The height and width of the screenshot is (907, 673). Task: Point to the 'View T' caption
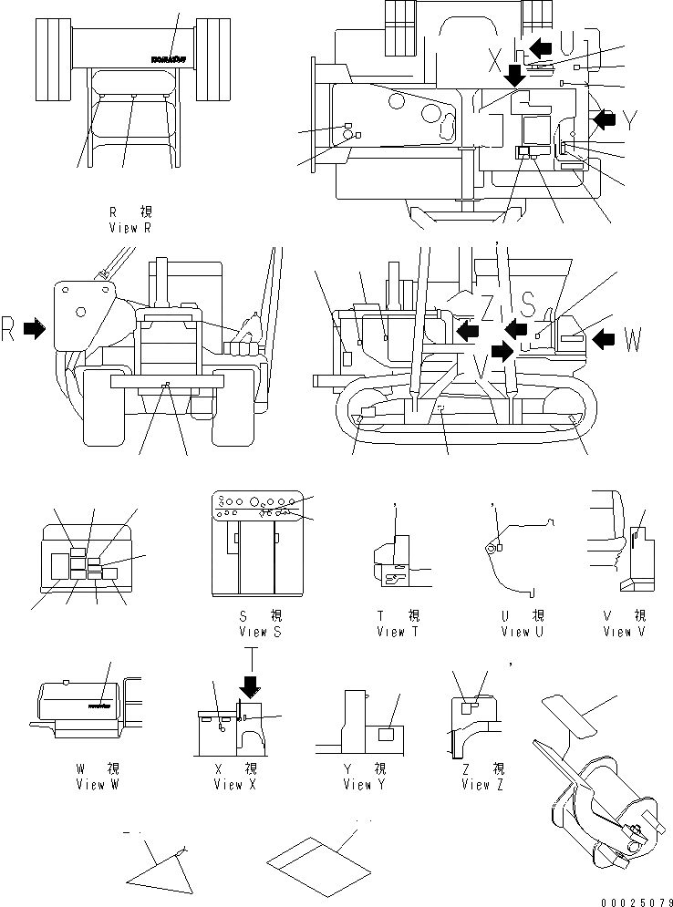click(x=399, y=632)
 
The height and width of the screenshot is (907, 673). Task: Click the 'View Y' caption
click(x=358, y=785)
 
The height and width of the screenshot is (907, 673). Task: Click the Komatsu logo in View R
click(x=166, y=59)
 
